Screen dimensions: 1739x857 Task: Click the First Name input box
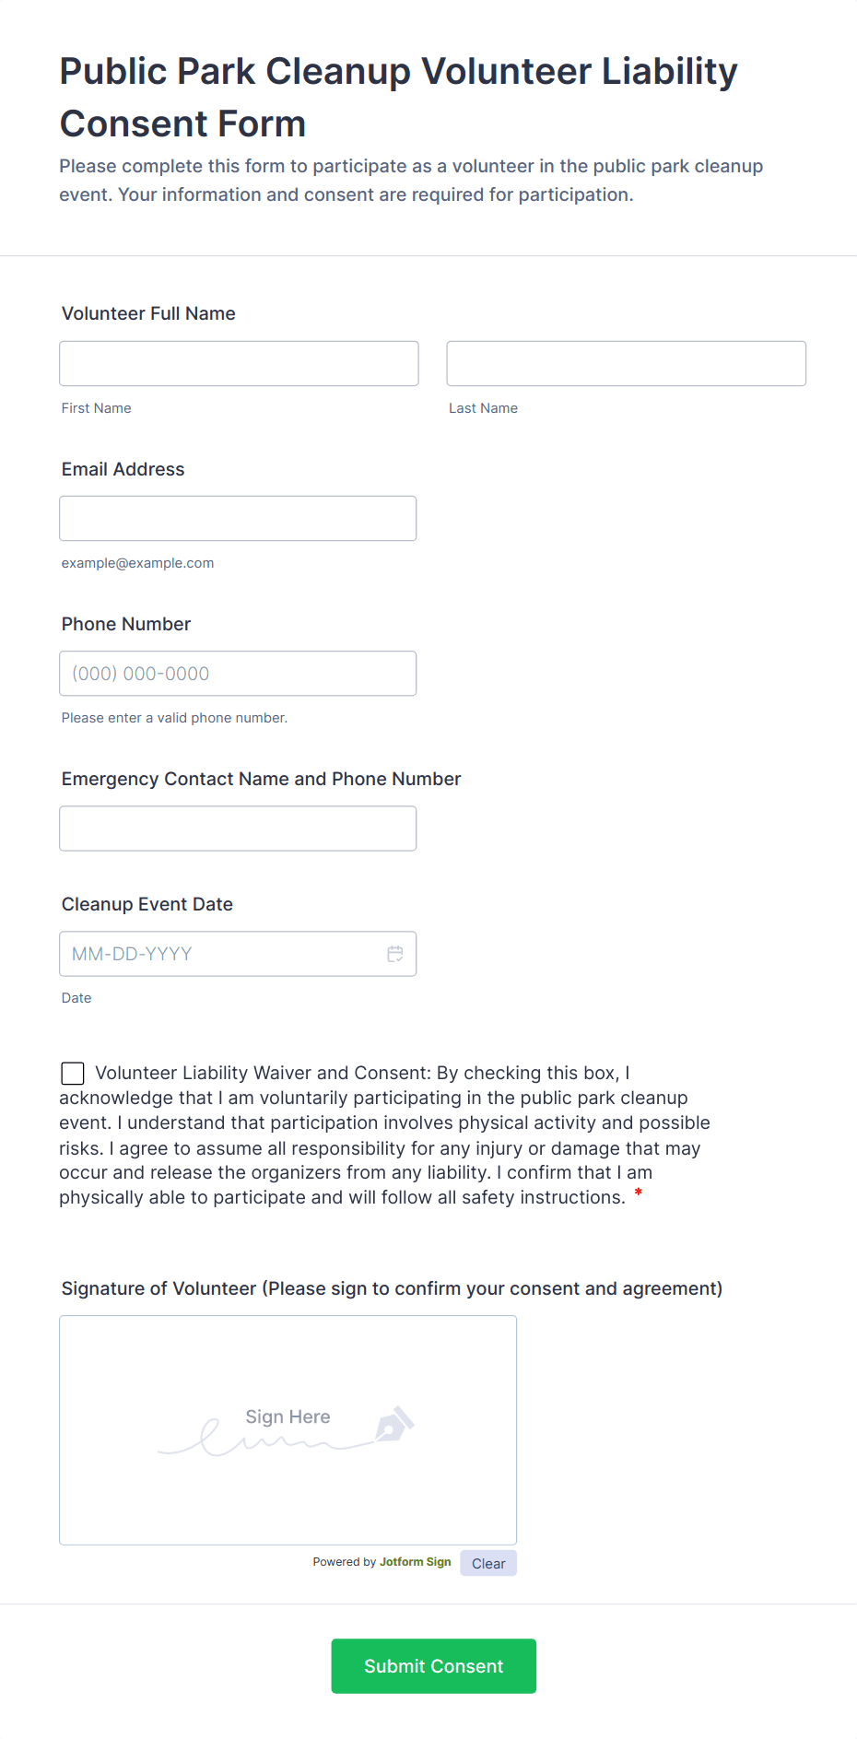tap(239, 363)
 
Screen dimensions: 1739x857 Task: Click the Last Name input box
tap(626, 363)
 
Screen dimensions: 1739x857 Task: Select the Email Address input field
tap(238, 518)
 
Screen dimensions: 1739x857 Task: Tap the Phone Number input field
tap(238, 673)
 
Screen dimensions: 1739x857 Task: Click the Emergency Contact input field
tap(238, 828)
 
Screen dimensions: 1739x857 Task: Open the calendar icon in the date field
tap(395, 954)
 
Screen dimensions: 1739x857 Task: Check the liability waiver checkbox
tap(73, 1073)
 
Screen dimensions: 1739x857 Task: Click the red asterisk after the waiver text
tap(639, 1195)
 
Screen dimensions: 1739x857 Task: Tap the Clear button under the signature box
tap(488, 1563)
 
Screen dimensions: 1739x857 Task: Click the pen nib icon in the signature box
tap(393, 1425)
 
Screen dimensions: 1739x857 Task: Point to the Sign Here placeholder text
tap(288, 1416)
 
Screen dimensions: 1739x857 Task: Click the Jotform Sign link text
tap(415, 1562)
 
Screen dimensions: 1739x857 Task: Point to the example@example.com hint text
tap(137, 563)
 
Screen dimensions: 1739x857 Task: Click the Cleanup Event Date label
tap(147, 904)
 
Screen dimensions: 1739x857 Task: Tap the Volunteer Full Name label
tap(148, 313)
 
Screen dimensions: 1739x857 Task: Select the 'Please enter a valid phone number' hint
tap(174, 718)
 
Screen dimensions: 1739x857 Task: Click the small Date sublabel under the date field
tap(76, 998)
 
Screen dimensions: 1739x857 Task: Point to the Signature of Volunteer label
tap(392, 1288)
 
